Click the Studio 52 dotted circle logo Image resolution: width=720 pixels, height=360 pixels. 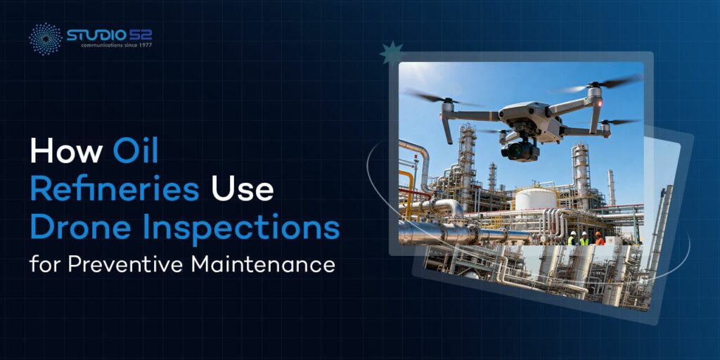(45, 39)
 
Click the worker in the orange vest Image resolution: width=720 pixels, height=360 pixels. (598, 238)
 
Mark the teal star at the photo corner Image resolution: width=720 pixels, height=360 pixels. (391, 53)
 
